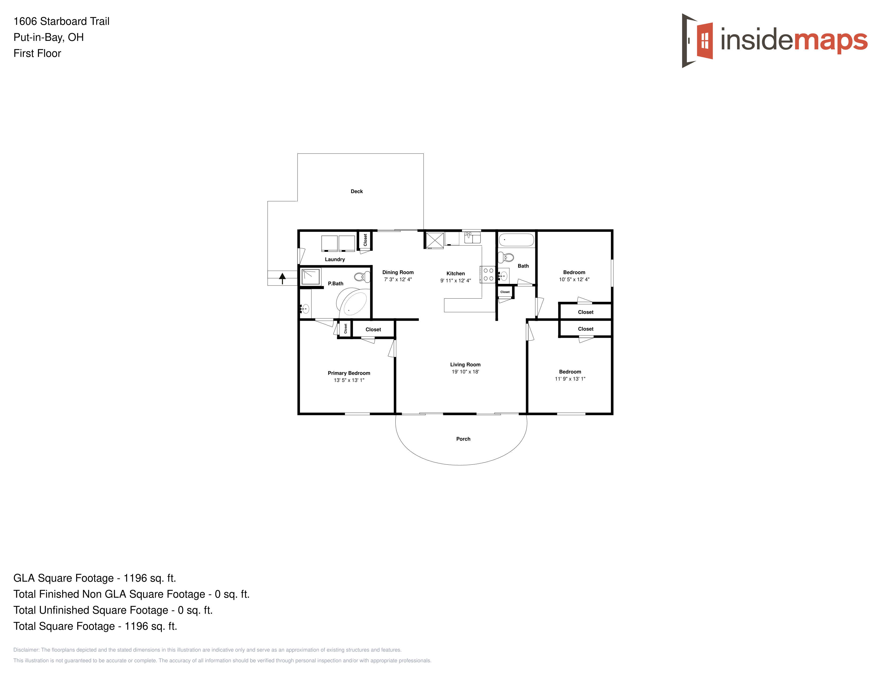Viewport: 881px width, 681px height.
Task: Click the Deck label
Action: point(357,191)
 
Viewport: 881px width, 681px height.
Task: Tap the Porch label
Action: point(463,439)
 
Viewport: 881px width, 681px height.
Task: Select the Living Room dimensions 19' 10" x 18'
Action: point(465,371)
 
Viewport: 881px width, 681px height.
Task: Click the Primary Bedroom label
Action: point(349,373)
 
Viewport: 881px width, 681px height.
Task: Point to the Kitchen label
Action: point(455,273)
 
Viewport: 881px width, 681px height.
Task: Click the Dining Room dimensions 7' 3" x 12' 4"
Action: point(398,279)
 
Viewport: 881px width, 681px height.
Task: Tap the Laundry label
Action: point(335,259)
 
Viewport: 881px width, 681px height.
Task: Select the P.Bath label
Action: point(336,284)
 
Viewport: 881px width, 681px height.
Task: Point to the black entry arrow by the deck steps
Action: point(282,278)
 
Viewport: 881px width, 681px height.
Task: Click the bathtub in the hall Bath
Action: point(516,240)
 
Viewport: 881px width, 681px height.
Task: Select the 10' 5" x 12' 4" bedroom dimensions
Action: point(574,279)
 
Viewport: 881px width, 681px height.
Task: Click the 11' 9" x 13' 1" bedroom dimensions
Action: point(570,379)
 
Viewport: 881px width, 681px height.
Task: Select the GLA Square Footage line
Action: point(95,578)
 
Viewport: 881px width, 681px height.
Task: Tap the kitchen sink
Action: point(472,238)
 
